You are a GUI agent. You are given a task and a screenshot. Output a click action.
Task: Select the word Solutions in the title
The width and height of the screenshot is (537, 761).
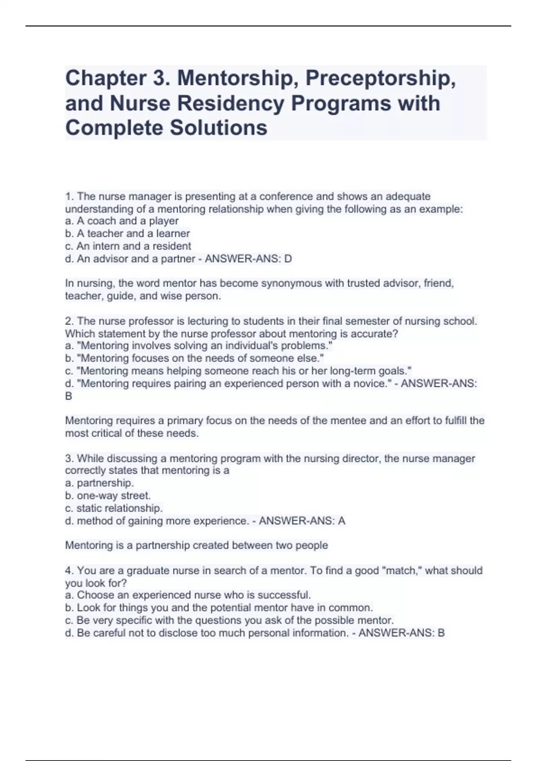click(x=218, y=128)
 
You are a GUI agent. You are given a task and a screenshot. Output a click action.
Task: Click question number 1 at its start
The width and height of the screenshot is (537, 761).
click(x=69, y=197)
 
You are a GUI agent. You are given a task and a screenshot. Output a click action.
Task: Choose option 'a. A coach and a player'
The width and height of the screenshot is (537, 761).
click(x=122, y=221)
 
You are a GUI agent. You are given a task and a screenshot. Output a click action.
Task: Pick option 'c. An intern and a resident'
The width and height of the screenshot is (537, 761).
click(x=128, y=246)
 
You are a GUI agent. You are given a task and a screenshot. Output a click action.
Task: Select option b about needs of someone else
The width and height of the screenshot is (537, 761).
click(x=195, y=359)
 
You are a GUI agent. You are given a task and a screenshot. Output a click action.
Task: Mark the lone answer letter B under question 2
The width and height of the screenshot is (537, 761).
click(x=68, y=396)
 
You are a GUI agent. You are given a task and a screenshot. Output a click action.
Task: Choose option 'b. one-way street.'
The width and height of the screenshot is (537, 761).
click(x=108, y=496)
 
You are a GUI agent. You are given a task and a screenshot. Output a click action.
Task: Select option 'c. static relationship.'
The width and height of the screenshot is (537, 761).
click(x=114, y=509)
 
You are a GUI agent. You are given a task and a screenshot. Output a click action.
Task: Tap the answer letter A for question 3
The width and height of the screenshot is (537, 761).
click(x=341, y=521)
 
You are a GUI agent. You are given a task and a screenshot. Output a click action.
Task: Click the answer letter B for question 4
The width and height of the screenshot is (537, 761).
click(x=441, y=633)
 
